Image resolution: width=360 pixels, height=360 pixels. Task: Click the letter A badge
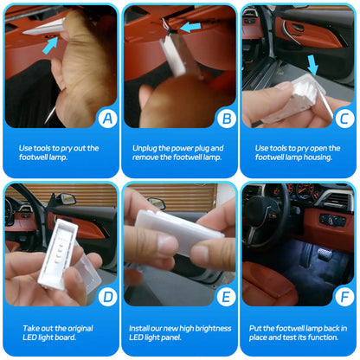107,119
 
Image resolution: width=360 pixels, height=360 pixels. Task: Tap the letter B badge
227,119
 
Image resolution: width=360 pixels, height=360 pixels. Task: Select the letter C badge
344,119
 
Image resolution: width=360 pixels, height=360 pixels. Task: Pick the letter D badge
107,297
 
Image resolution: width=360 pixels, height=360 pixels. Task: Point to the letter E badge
227,297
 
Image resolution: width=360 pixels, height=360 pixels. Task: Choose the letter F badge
344,297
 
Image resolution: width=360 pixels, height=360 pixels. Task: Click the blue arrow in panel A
51,46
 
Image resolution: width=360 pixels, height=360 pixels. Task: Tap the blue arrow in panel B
190,28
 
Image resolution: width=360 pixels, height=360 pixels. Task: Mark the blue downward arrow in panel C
312,66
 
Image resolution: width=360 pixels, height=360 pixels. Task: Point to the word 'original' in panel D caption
80,329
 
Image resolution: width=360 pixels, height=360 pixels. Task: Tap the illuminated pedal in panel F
324,254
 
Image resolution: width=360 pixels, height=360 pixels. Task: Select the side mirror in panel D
66,199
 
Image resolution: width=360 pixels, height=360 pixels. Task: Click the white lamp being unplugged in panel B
172,56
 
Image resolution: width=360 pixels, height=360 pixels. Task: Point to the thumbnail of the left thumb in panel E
167,245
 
